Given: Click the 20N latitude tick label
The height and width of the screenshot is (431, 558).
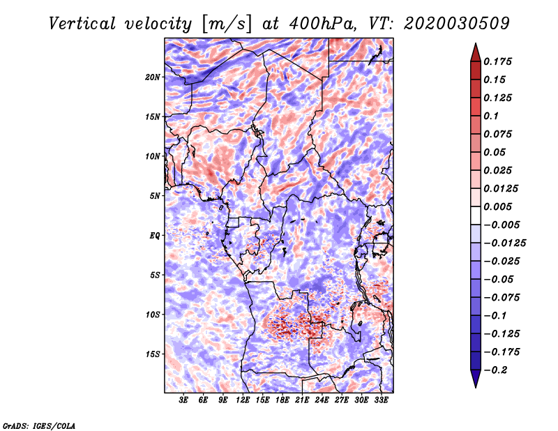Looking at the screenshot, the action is point(153,77).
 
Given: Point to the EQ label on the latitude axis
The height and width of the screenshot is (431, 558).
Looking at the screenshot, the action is point(155,236).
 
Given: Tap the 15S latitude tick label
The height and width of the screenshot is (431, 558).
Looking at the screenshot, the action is point(153,354).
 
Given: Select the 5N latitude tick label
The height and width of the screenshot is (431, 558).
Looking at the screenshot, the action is point(155,196).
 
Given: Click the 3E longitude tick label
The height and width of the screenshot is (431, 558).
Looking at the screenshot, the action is point(183,400).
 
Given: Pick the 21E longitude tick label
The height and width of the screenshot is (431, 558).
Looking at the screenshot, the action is point(302,400).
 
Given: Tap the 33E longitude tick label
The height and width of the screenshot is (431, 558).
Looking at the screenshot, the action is point(381,400).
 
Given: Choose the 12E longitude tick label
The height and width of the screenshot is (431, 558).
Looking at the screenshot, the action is point(242,400).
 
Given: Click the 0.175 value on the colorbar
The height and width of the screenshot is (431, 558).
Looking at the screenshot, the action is point(497,61).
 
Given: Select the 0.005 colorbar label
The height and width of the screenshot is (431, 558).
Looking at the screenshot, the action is point(497,206).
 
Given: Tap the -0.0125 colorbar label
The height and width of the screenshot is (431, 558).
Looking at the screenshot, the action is point(504,243).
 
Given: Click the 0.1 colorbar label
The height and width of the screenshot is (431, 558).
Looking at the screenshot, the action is point(491,116).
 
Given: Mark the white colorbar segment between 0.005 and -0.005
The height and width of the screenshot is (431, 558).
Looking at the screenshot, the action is point(476,215).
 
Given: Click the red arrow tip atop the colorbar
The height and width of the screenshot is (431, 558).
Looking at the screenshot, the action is point(476,43).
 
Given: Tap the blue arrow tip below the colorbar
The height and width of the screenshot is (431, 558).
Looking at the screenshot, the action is point(476,387).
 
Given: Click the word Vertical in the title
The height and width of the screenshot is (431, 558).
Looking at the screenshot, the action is point(82,24).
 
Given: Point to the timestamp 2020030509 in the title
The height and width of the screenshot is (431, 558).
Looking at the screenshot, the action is point(457,24).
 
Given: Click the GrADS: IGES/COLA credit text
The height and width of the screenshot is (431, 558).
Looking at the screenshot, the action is point(39,426).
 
